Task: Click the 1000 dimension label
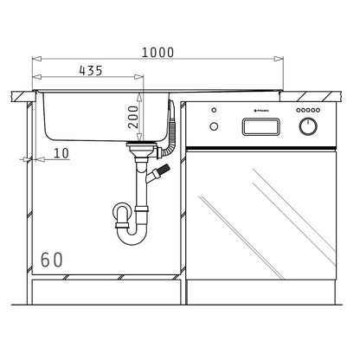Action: click(x=159, y=52)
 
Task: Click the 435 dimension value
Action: click(x=97, y=71)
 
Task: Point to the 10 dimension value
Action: click(x=61, y=153)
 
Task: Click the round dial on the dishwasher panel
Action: click(x=307, y=126)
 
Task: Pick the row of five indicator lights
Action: click(x=308, y=112)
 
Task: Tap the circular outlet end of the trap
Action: click(x=120, y=210)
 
